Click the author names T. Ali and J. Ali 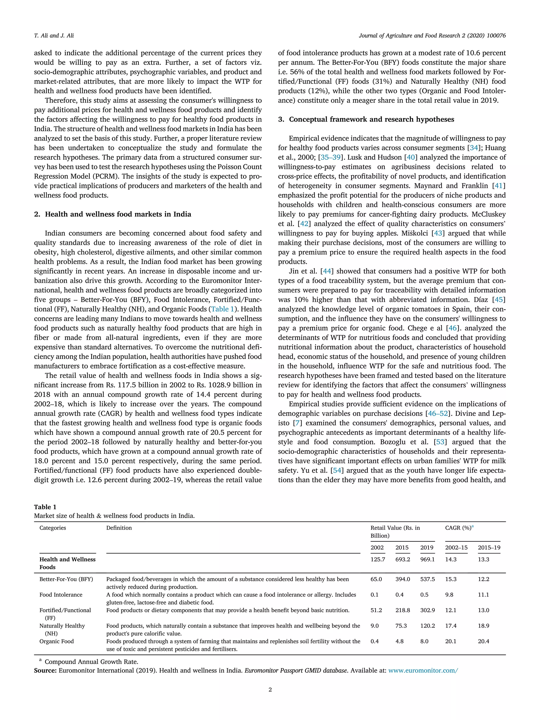point(54,36)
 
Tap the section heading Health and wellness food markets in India point(118,214)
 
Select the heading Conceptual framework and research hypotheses point(372,119)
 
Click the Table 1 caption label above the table point(45,507)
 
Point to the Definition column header point(119,528)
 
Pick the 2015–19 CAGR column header point(489,548)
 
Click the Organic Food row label point(57,641)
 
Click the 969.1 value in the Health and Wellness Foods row point(427,559)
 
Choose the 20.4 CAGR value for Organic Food point(483,641)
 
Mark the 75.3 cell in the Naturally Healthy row point(401,626)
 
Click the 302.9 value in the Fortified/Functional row point(427,610)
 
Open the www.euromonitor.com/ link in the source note point(423,670)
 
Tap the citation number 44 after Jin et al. point(326,271)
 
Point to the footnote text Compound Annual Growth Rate point(91,662)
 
